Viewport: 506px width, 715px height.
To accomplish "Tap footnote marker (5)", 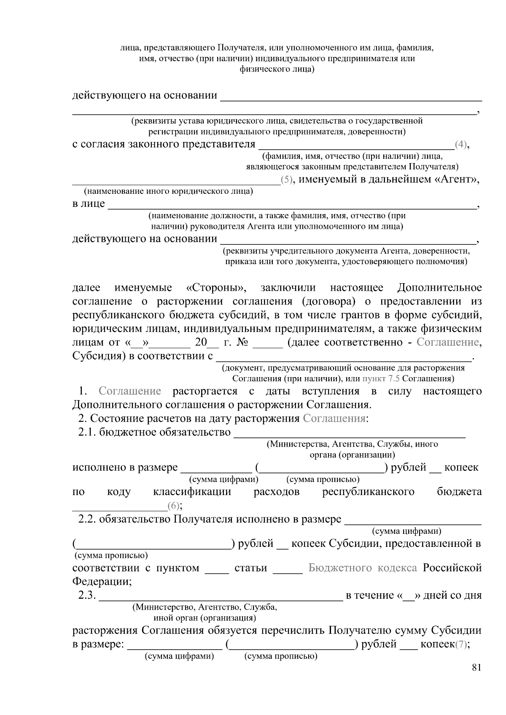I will click(286, 180).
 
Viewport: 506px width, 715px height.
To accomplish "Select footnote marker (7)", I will click(461, 644).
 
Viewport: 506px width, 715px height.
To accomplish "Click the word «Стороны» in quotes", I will click(216, 288).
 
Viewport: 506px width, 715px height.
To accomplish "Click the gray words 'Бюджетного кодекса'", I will click(363, 568).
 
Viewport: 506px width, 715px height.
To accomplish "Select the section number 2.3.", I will click(88, 595).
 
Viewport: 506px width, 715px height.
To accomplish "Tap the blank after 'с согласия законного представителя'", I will click(356, 146).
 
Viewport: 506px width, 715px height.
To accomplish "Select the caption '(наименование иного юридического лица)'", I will click(168, 192).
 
